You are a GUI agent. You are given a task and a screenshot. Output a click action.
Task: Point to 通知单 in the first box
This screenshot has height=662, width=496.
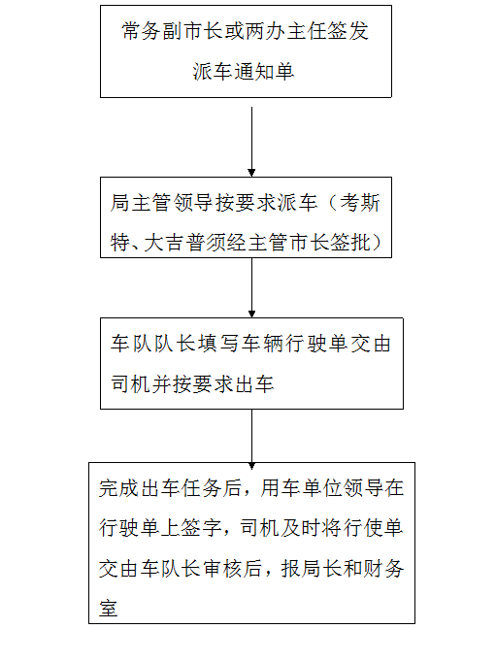tap(264, 72)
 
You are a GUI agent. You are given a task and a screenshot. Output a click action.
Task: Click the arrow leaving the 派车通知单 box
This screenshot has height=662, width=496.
tap(251, 142)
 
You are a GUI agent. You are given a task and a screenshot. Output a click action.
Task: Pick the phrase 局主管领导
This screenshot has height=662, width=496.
tap(161, 203)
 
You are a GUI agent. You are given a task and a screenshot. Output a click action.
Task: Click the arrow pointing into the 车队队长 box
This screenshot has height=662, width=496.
tap(251, 287)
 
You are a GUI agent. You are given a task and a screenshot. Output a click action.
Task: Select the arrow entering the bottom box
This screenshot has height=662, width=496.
tap(251, 439)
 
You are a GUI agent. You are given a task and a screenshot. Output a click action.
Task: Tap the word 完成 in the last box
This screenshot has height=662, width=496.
tap(119, 488)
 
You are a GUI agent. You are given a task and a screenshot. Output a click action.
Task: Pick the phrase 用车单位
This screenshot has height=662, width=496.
tap(302, 488)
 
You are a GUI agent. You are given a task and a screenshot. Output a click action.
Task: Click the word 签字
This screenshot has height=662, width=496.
tap(201, 529)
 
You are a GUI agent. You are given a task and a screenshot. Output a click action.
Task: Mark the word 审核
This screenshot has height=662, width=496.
tap(221, 569)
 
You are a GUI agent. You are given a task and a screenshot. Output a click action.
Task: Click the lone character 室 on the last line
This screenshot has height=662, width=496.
tap(109, 609)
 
